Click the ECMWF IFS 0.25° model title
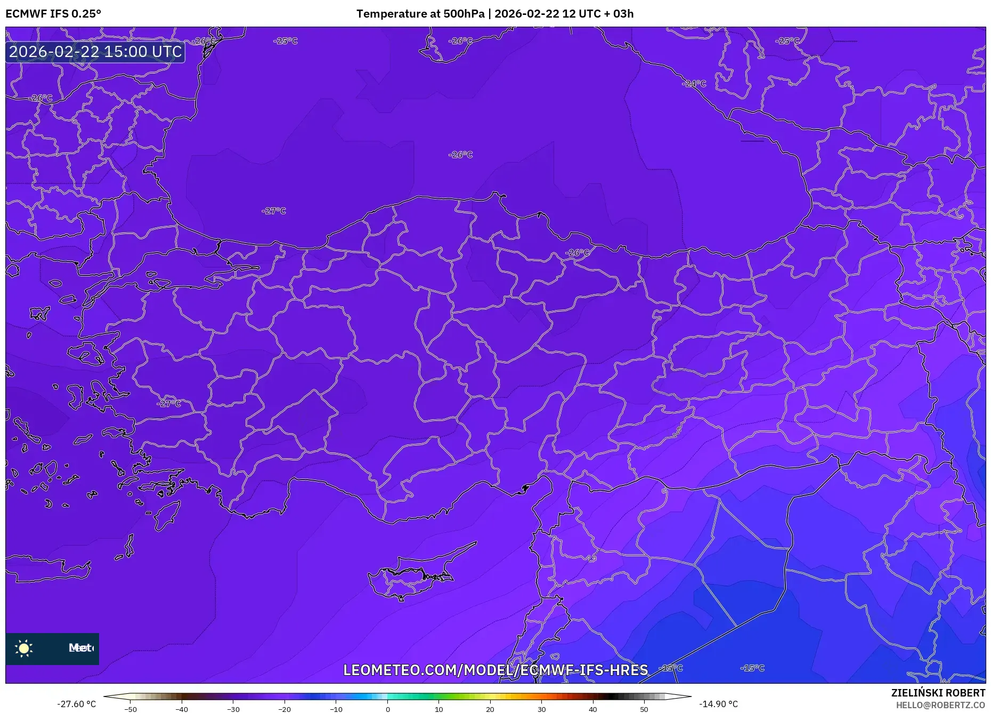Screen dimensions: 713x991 point(53,14)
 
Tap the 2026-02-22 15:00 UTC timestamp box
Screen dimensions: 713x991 point(95,52)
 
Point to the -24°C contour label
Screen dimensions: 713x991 point(694,84)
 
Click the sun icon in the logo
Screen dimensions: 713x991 point(24,648)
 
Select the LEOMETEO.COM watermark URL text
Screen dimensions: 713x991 point(496,670)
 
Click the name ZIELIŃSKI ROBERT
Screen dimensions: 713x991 point(938,693)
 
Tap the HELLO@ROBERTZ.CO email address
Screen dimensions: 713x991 point(940,705)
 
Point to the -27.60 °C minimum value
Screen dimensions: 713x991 point(77,704)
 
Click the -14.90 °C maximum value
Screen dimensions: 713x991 point(718,704)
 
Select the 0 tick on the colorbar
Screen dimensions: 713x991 point(388,709)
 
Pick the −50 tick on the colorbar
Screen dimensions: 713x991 point(131,709)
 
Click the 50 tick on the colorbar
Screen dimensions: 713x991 point(644,709)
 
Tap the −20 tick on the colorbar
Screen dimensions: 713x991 point(285,709)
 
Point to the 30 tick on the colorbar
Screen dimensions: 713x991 point(541,709)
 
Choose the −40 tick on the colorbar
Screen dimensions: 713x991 point(182,709)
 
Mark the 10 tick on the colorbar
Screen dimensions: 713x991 point(439,709)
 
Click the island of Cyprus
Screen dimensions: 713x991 point(410,576)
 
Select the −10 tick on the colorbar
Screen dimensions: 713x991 point(336,709)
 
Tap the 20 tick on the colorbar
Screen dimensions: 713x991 point(490,709)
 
